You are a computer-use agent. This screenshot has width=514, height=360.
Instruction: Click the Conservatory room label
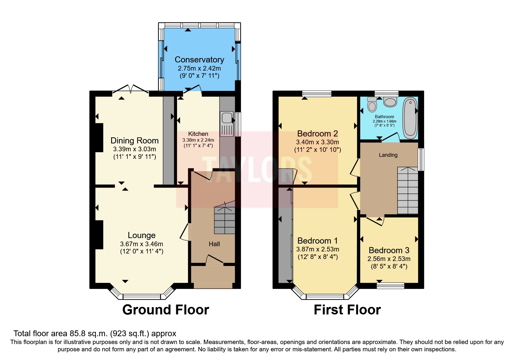click(199, 60)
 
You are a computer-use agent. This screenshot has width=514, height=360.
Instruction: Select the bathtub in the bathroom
click(410, 118)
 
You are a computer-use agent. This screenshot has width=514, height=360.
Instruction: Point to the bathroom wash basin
click(390, 102)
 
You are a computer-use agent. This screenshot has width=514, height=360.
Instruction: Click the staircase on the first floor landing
click(408, 190)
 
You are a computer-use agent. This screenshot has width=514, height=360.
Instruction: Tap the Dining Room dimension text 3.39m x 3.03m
click(134, 149)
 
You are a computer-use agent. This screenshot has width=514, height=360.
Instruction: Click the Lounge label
click(142, 235)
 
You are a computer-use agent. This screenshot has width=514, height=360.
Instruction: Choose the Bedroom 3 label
click(389, 250)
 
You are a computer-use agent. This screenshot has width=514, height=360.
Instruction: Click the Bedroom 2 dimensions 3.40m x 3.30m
click(318, 142)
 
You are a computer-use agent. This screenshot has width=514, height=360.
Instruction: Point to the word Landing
click(388, 155)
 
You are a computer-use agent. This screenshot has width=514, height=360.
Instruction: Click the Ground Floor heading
click(166, 310)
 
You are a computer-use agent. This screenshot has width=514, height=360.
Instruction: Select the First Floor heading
click(347, 310)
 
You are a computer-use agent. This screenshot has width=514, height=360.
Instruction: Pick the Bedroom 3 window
click(390, 286)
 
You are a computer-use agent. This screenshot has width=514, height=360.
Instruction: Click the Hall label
click(214, 244)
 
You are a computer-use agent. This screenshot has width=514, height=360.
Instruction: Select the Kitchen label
click(198, 134)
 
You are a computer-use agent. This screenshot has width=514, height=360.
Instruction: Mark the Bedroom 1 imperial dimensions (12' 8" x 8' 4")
click(318, 257)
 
